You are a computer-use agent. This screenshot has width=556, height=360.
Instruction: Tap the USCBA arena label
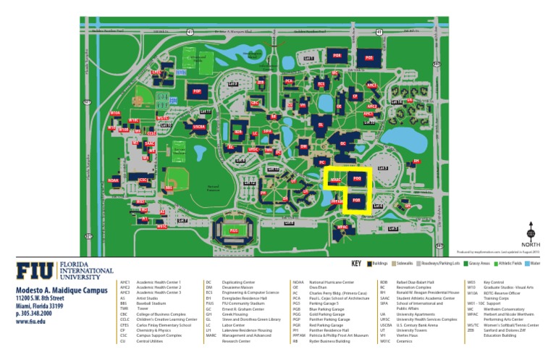[x=198, y=126]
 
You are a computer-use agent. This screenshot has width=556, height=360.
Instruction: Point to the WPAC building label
[x=343, y=227]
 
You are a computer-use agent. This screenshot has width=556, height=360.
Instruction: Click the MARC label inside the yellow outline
[x=336, y=179]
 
